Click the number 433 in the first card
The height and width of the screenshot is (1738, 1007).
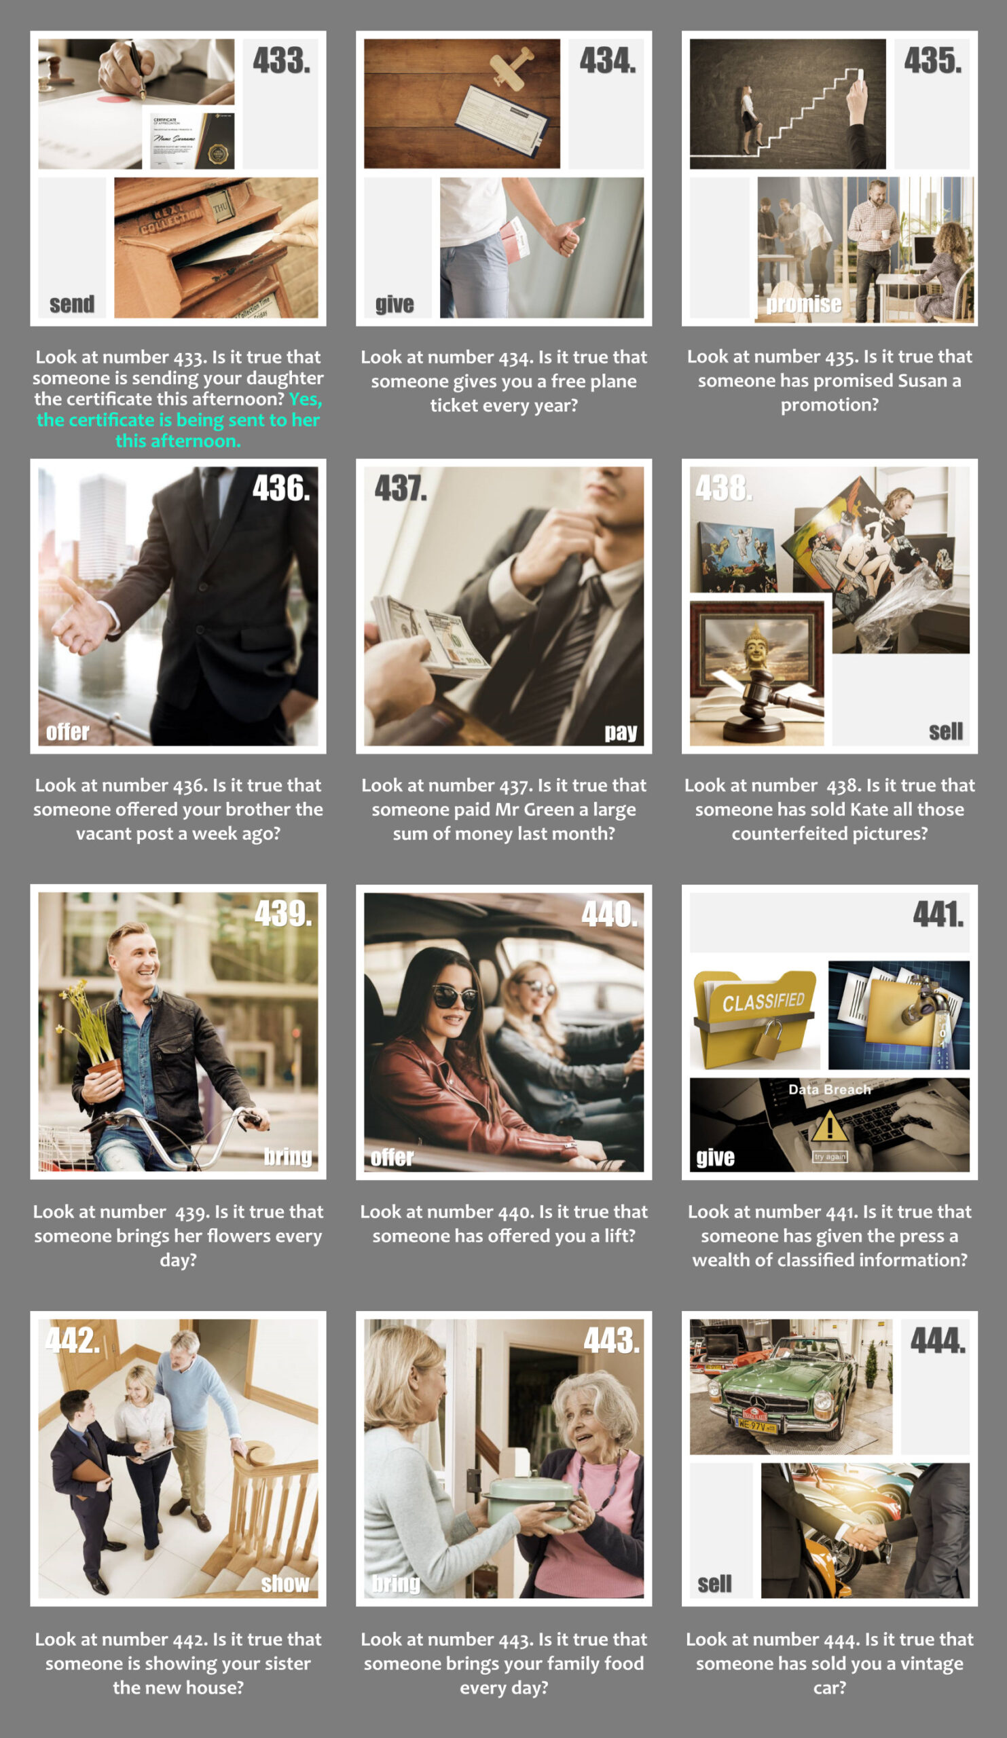[x=281, y=60]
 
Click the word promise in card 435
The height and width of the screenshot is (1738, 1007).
[x=803, y=304]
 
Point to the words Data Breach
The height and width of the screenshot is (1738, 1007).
[x=830, y=1090]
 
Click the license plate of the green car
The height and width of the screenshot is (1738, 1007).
[x=757, y=1424]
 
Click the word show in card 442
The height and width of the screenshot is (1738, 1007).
[x=286, y=1583]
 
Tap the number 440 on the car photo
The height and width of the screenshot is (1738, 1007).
[x=610, y=914]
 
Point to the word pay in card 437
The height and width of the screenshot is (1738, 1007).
[x=621, y=732]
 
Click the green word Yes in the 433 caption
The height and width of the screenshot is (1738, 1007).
[x=306, y=399]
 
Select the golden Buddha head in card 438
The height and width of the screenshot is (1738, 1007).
[x=756, y=646]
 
